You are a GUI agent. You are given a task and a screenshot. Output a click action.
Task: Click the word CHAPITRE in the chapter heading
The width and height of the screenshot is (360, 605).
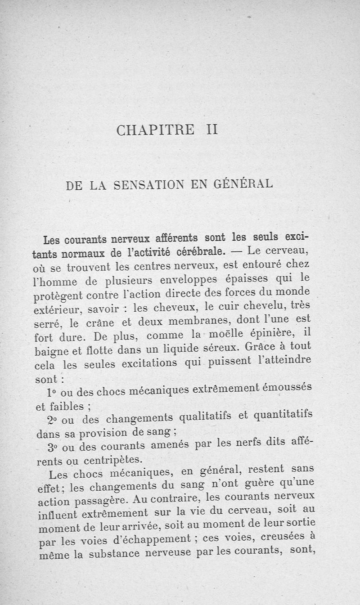(155, 130)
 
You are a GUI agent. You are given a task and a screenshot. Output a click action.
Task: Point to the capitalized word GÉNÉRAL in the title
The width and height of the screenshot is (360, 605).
(247, 184)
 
